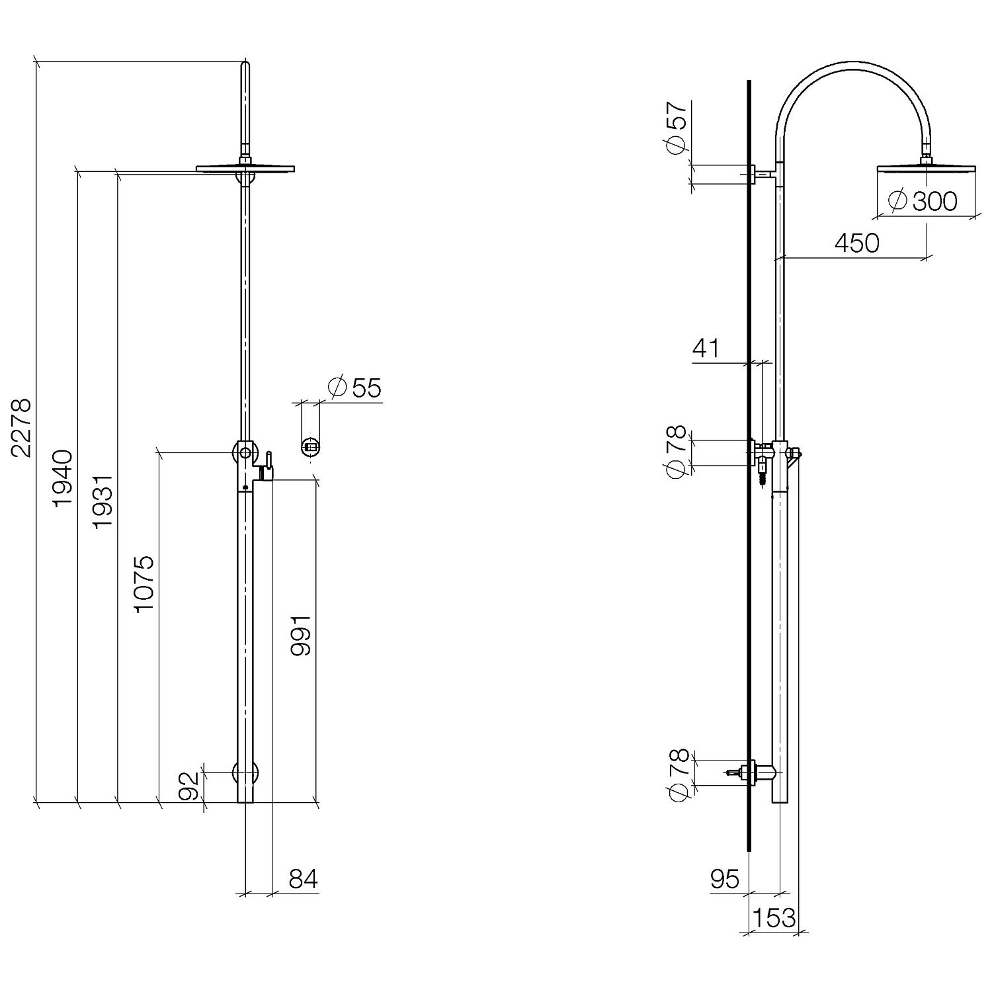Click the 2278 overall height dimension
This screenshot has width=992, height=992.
point(21,427)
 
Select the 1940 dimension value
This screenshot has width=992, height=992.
point(62,478)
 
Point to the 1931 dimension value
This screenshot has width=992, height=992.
point(103,501)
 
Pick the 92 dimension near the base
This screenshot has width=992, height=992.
point(190,786)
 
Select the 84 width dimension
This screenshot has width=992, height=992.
point(304,879)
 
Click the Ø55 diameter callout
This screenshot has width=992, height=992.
point(355,388)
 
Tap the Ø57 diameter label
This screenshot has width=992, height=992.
point(677,128)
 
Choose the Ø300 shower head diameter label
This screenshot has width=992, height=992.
point(923,200)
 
